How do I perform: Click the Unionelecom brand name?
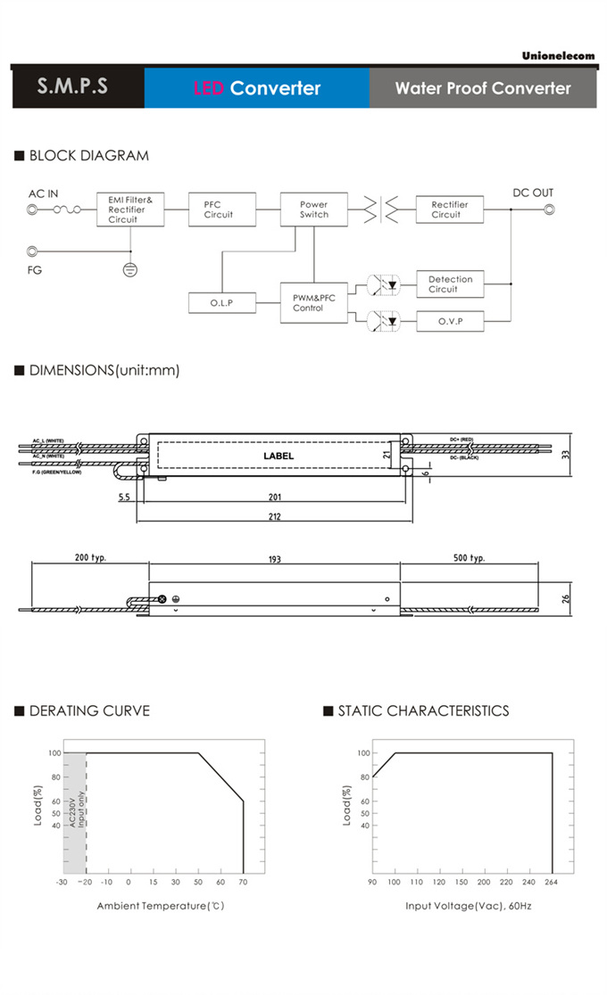pos(558,55)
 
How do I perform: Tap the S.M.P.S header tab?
pos(73,87)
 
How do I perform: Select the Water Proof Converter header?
pos(483,88)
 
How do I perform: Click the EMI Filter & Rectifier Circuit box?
pos(130,210)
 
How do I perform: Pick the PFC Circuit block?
pos(219,210)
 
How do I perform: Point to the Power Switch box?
pos(313,210)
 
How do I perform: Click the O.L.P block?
pos(221,303)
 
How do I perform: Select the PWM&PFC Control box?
pos(313,303)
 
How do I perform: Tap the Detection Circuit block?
pos(450,284)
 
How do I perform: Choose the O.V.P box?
pos(450,321)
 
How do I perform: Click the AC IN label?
pos(44,193)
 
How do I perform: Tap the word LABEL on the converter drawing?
pos(279,456)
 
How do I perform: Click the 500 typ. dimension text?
pos(469,558)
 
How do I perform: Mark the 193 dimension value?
pos(274,560)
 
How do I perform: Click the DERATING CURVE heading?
pos(89,711)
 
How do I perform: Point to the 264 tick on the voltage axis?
pos(552,882)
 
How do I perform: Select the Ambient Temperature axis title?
pos(160,906)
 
